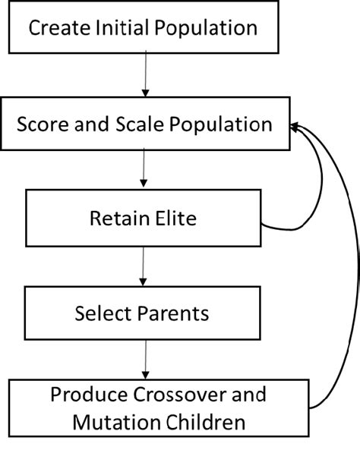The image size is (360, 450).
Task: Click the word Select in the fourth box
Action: (x=101, y=312)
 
